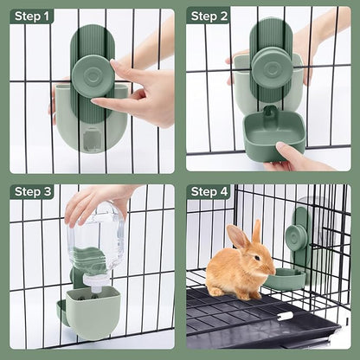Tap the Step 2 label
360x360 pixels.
click(210, 16)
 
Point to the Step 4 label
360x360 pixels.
click(210, 191)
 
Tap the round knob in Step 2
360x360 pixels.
click(272, 68)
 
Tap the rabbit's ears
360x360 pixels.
click(244, 233)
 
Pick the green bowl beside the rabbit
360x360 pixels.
click(285, 279)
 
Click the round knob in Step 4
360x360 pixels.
click(295, 235)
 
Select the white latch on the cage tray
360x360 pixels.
click(284, 316)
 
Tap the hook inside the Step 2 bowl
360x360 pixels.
click(270, 113)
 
